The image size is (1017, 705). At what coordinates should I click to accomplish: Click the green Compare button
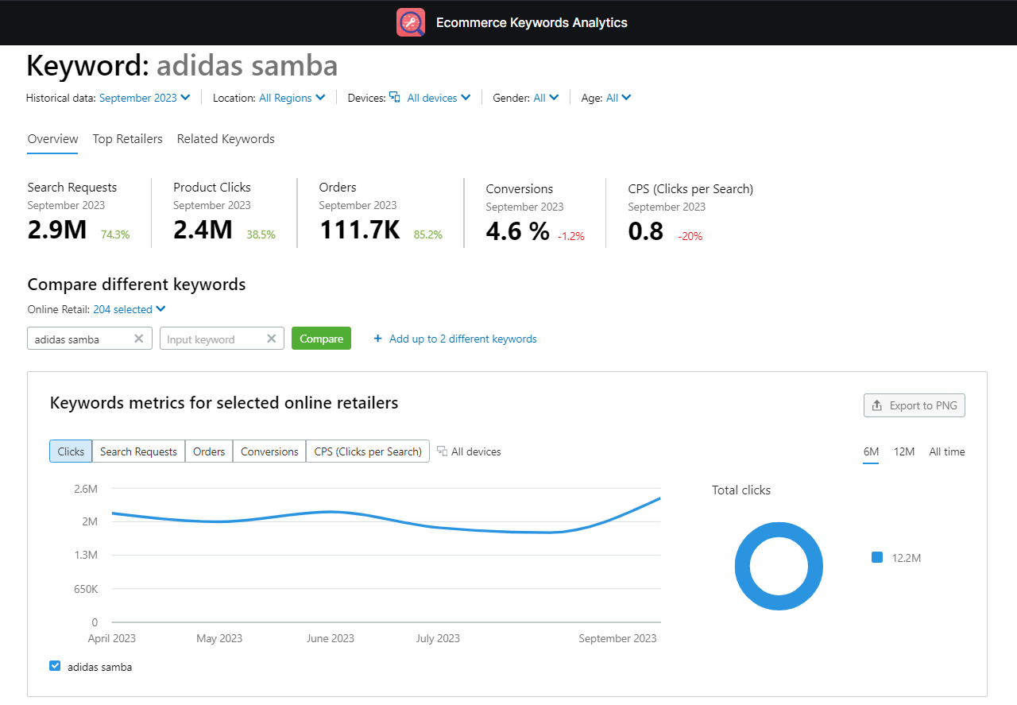[x=321, y=339]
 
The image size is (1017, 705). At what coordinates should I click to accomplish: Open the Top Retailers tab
[x=127, y=139]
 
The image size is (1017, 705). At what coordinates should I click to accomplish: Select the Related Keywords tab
[x=226, y=139]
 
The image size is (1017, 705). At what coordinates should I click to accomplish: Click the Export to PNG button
[x=914, y=405]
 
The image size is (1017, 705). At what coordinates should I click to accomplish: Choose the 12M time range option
[x=903, y=451]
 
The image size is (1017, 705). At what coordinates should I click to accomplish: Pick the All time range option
[x=946, y=451]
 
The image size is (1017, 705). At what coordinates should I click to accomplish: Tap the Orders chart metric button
[x=209, y=451]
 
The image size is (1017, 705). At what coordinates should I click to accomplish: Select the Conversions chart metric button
[x=269, y=451]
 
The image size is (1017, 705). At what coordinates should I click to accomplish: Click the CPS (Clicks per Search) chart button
[x=368, y=451]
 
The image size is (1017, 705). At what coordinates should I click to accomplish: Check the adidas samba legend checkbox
[x=55, y=666]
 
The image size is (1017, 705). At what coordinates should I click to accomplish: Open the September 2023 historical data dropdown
[x=144, y=98]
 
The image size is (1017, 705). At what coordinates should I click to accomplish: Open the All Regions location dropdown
[x=292, y=98]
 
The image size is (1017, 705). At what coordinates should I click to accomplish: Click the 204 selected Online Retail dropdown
[x=129, y=309]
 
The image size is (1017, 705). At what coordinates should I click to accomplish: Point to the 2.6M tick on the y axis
[x=86, y=489]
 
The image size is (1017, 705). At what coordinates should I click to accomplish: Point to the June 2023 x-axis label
[x=331, y=638]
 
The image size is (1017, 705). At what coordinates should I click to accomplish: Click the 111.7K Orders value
[x=359, y=230]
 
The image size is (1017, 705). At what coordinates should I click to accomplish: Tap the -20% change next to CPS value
[x=690, y=236]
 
